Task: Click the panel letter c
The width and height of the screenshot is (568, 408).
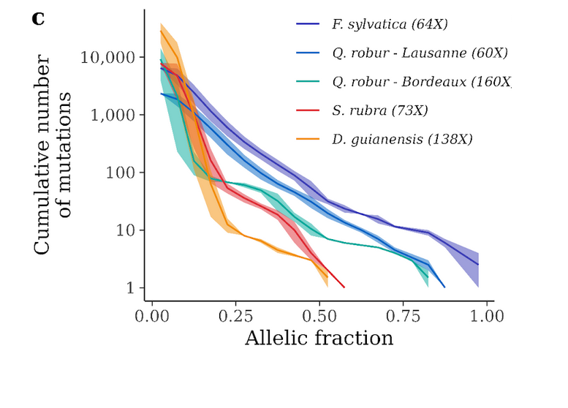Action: (39, 19)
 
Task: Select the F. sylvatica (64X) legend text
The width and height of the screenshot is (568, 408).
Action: (389, 24)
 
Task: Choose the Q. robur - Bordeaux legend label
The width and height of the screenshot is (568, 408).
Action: (420, 81)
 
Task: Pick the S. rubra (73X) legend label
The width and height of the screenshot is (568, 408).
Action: (379, 110)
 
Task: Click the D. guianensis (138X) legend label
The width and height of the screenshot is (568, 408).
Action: (401, 139)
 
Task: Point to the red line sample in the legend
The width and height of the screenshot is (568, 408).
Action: (308, 110)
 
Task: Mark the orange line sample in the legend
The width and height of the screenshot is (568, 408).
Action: (308, 139)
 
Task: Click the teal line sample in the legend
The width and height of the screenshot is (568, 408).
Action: (308, 81)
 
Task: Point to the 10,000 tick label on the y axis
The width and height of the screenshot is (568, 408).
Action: (108, 58)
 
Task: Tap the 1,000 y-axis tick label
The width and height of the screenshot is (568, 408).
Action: (113, 116)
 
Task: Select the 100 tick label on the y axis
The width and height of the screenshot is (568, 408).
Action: (121, 173)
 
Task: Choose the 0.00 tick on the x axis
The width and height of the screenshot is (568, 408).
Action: (152, 317)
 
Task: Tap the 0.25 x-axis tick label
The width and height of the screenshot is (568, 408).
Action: (236, 317)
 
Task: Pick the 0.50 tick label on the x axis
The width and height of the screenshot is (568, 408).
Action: (320, 317)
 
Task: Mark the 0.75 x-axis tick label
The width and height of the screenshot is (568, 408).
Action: (404, 317)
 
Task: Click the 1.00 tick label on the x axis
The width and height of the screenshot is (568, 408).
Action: (488, 317)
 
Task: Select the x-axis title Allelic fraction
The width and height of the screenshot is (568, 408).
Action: (319, 339)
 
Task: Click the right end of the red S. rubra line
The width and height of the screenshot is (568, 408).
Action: (344, 287)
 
